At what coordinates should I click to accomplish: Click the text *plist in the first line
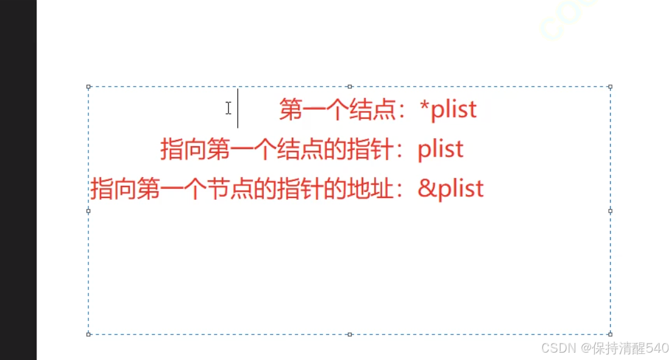(x=449, y=110)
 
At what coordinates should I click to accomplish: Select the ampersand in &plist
(x=425, y=189)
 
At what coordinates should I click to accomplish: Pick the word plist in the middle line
(x=441, y=149)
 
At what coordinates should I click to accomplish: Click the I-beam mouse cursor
(x=228, y=108)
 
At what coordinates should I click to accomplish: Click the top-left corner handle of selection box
(x=89, y=87)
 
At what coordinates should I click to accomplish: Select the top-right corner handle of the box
(x=610, y=87)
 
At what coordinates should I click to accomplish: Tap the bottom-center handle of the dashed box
(x=350, y=334)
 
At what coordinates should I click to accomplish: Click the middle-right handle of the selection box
(x=610, y=211)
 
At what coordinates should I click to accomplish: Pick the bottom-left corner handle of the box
(x=89, y=334)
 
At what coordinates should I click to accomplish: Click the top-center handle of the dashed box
(x=350, y=87)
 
